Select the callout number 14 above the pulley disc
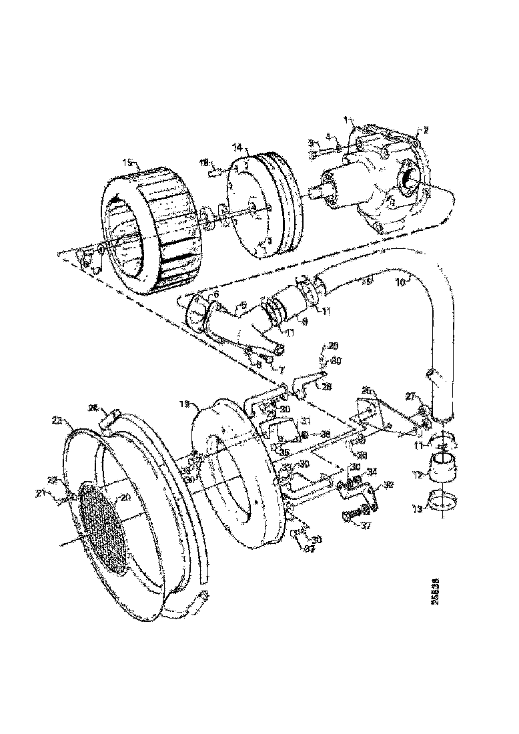236,147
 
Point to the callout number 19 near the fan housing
185,404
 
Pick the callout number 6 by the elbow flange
215,294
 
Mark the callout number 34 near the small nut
372,472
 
